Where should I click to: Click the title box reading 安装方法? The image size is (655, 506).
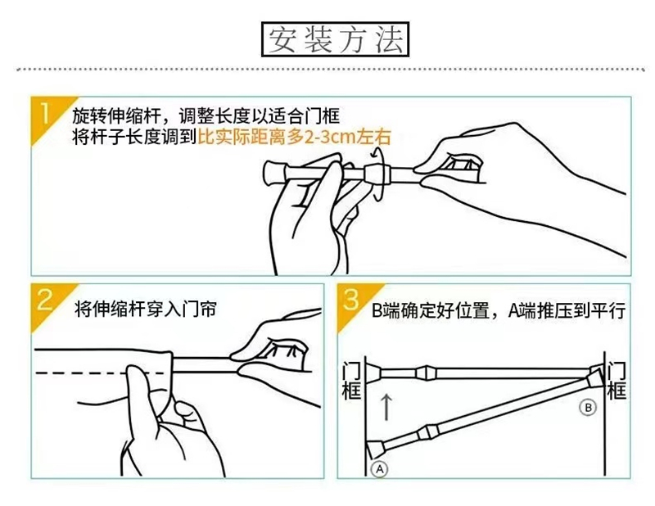tap(335, 39)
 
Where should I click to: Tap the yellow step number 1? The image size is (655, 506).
tap(45, 114)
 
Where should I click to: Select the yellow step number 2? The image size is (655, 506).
tap(44, 299)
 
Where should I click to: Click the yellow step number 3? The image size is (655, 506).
tap(351, 299)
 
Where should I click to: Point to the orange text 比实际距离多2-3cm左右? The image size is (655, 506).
tap(295, 137)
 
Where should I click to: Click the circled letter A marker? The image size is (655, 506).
tap(379, 469)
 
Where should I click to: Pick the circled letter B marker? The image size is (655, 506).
tap(588, 408)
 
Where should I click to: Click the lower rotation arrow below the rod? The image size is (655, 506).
tap(378, 193)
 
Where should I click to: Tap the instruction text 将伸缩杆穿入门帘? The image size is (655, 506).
tap(146, 309)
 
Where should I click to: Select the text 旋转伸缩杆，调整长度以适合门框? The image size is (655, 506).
tap(206, 115)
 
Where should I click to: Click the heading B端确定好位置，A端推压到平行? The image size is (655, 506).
tap(499, 310)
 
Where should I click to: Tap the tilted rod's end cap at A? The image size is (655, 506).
tap(376, 450)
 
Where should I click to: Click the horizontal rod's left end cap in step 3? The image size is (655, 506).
tap(374, 373)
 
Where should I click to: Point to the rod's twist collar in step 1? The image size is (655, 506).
tap(377, 174)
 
